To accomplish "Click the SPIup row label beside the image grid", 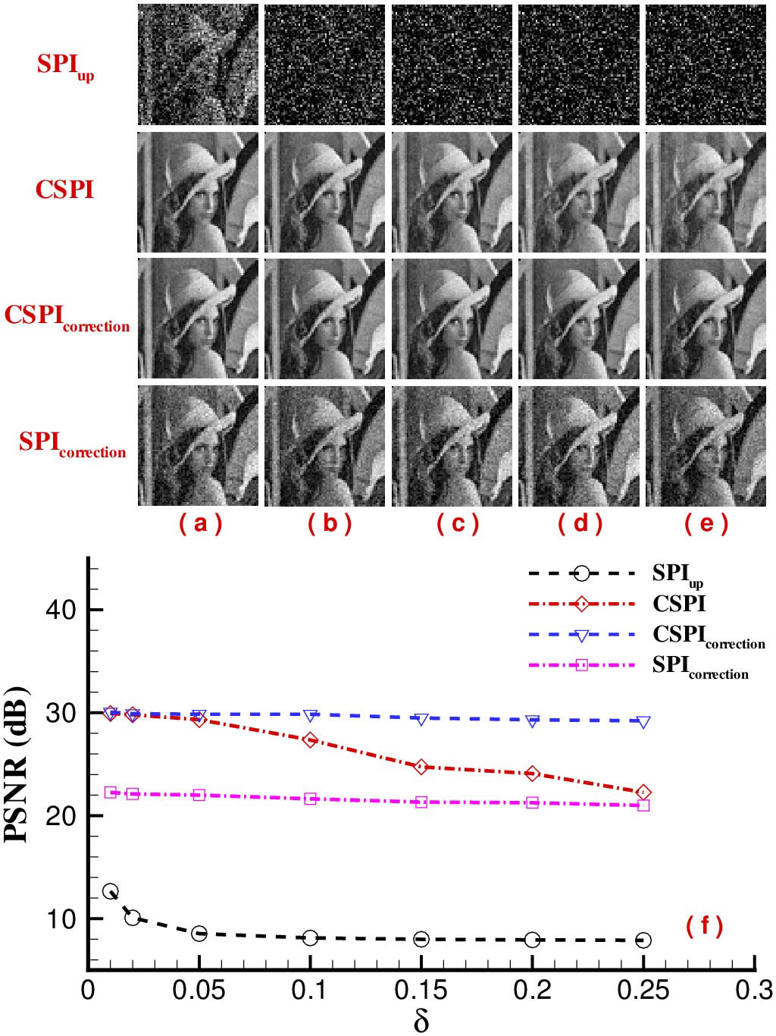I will pos(65,65).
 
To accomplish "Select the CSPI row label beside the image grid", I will pos(65,189).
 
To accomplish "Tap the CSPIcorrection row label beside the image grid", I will pos(67,317).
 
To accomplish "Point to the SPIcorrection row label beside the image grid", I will pos(72,444).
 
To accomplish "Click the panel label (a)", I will pos(200,523).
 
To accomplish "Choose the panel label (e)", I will pos(706,523).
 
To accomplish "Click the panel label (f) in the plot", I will pos(704,925).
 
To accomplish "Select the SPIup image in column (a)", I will pos(198,64).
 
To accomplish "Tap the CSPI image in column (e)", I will pos(706,192).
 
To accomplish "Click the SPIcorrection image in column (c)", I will pos(452,446).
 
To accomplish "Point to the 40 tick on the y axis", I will pos(61,610).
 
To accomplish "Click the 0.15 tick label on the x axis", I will pos(421,990).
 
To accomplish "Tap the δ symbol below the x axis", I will pos(421,1020).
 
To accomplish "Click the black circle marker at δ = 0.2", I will pos(532,940).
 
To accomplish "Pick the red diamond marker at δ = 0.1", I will pos(310,739).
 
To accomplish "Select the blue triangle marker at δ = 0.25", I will pos(643,722).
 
